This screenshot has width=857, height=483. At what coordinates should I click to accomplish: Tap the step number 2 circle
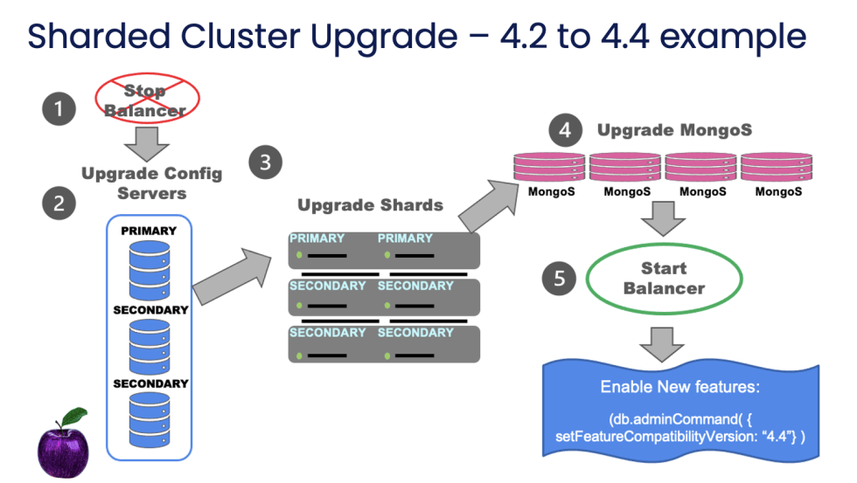point(59,204)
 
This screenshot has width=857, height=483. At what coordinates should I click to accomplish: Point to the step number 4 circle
point(565,131)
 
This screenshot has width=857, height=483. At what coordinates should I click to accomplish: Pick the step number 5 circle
point(559,278)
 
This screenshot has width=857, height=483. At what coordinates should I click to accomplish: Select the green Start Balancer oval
point(664,278)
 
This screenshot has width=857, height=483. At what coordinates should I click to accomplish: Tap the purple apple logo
point(64,442)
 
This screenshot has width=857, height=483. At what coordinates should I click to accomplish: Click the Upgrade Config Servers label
point(151,183)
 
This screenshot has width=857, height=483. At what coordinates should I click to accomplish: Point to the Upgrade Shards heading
point(370,206)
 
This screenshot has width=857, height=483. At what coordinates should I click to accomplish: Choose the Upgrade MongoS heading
point(674,130)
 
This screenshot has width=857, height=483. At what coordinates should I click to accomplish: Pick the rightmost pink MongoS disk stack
point(778,165)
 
